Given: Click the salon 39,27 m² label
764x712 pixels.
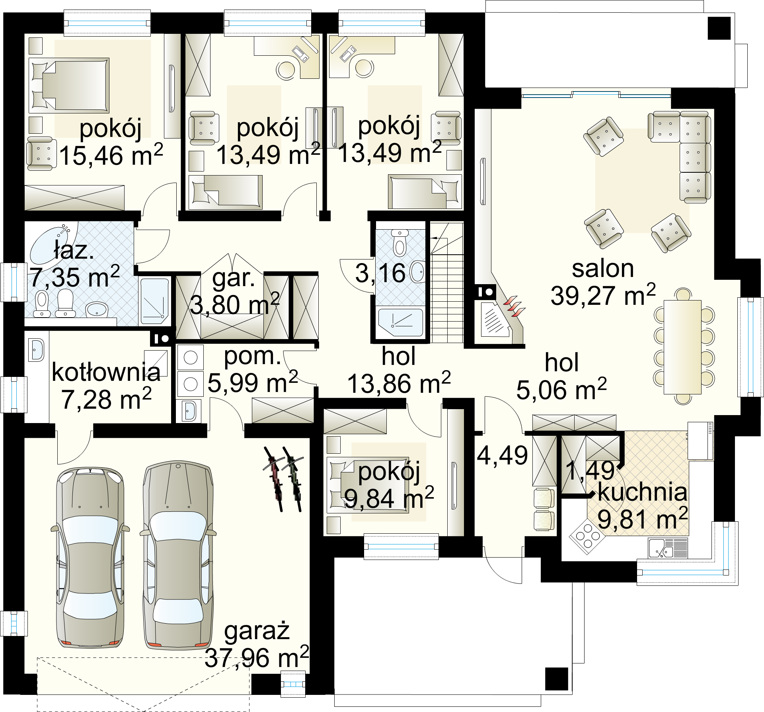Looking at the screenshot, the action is click(603, 283).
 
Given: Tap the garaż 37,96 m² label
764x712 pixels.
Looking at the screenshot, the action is click(257, 645).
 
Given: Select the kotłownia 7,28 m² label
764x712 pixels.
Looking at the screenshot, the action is click(106, 386).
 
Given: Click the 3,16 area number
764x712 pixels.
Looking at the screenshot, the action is click(380, 273).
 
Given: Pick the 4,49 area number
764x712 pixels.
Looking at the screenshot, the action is click(502, 455).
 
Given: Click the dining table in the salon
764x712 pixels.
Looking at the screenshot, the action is click(682, 347).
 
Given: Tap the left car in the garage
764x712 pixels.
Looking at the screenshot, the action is click(90, 557).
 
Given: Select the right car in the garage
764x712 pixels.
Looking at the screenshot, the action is click(178, 555).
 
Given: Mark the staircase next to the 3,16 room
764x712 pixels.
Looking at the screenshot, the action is click(447, 283).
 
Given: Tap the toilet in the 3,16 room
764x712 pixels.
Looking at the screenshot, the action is click(400, 242).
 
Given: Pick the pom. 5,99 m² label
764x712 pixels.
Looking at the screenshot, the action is click(253, 370).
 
